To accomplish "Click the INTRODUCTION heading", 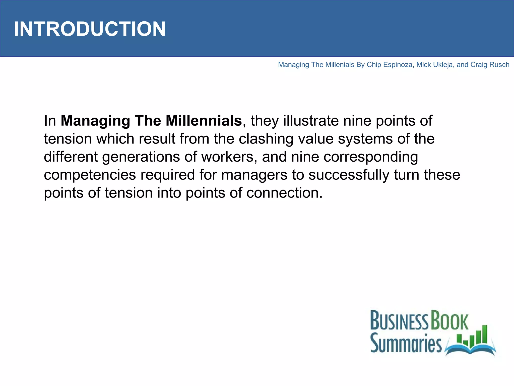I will pos(90,29).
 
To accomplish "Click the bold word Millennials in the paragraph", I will pos(204,121).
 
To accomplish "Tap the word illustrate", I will pos(311,121).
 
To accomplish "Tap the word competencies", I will pos(90,175).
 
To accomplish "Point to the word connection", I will pos(284,193).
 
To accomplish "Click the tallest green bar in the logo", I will pos(485,334).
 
